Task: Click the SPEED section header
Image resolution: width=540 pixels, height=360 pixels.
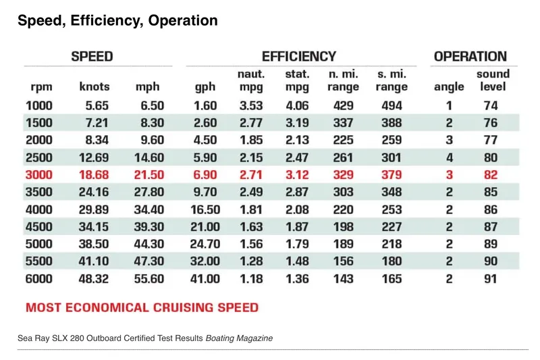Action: pos(92,57)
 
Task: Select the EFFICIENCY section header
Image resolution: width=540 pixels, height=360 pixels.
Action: pos(298,57)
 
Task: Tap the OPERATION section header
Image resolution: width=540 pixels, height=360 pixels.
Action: pos(470,57)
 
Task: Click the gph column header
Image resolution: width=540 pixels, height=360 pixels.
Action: pos(206,87)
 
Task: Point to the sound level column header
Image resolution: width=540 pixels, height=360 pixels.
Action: pos(493,80)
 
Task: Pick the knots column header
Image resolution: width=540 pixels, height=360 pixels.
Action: pos(94,87)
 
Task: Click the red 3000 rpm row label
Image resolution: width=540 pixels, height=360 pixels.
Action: pos(39,174)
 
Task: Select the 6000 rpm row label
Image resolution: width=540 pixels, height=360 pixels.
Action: pos(39,278)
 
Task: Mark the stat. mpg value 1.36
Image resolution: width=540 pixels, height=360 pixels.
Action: pos(297,278)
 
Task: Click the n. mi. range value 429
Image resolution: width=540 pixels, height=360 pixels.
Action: pos(343,105)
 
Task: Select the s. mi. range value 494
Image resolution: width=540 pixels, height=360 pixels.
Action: pos(391,105)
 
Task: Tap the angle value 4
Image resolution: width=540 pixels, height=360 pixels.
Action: pos(449,157)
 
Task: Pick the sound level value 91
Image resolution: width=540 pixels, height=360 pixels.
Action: pos(491,278)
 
